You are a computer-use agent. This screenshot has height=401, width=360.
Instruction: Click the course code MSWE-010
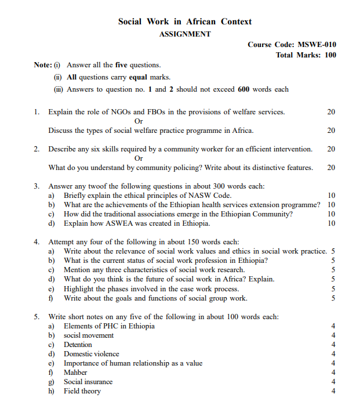pos(317,45)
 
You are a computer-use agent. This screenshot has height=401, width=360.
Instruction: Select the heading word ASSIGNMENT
pos(185,34)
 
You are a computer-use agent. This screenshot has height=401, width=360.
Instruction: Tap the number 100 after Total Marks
pos(330,55)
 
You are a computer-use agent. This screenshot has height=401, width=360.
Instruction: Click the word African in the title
pos(201,21)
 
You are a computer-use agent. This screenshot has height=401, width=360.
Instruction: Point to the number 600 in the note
pos(243,89)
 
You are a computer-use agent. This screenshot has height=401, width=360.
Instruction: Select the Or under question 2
pos(139,158)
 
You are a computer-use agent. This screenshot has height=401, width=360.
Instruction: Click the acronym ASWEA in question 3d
pos(118,223)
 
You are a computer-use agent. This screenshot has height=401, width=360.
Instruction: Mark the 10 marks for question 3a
pos(331,196)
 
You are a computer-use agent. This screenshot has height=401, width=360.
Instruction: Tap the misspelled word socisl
pos(74,335)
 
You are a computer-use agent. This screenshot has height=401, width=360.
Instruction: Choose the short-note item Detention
pos(78,344)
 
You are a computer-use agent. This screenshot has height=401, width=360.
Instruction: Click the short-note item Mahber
pos(75,372)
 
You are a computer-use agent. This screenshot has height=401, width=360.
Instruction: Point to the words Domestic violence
pos(91,353)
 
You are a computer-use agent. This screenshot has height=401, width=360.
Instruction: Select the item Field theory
pos(82,391)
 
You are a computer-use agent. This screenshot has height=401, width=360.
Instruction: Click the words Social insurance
pos(88,382)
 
